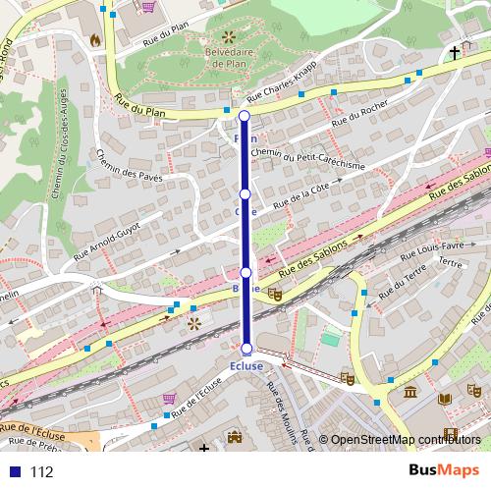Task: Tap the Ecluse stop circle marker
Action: click(246, 349)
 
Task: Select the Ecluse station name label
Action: click(246, 366)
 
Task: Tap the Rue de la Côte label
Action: click(301, 193)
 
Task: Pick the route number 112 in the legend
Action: click(41, 472)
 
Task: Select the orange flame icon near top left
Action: click(94, 40)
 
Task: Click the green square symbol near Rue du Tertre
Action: click(332, 339)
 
